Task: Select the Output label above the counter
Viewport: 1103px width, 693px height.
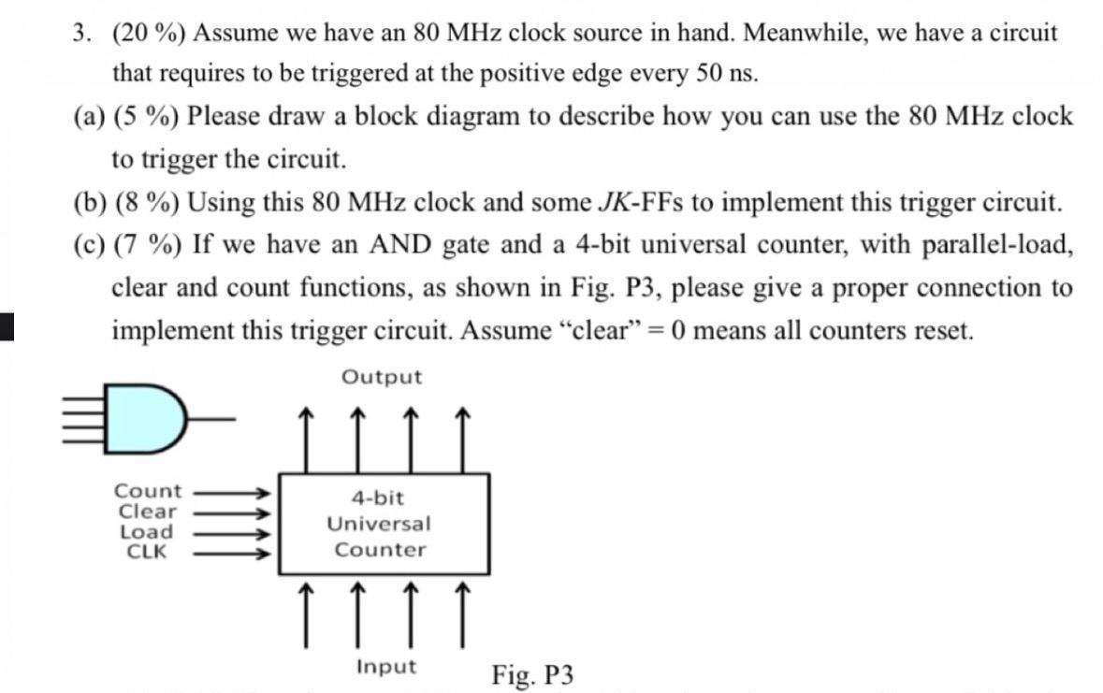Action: pyautogui.click(x=382, y=378)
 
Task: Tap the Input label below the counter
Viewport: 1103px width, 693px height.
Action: pyautogui.click(x=386, y=667)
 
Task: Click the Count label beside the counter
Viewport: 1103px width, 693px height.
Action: pyautogui.click(x=148, y=491)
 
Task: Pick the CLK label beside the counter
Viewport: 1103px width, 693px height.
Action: pyautogui.click(x=147, y=551)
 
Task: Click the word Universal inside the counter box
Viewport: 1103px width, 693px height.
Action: pyautogui.click(x=379, y=524)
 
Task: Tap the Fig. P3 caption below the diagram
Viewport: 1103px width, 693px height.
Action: pyautogui.click(x=532, y=673)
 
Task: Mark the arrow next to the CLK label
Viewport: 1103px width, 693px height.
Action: pyautogui.click(x=232, y=553)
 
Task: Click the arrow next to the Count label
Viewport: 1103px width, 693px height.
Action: pyautogui.click(x=232, y=491)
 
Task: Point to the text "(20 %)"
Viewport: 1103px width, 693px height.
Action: pyautogui.click(x=149, y=34)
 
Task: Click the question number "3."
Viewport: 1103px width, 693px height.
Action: pyautogui.click(x=83, y=34)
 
